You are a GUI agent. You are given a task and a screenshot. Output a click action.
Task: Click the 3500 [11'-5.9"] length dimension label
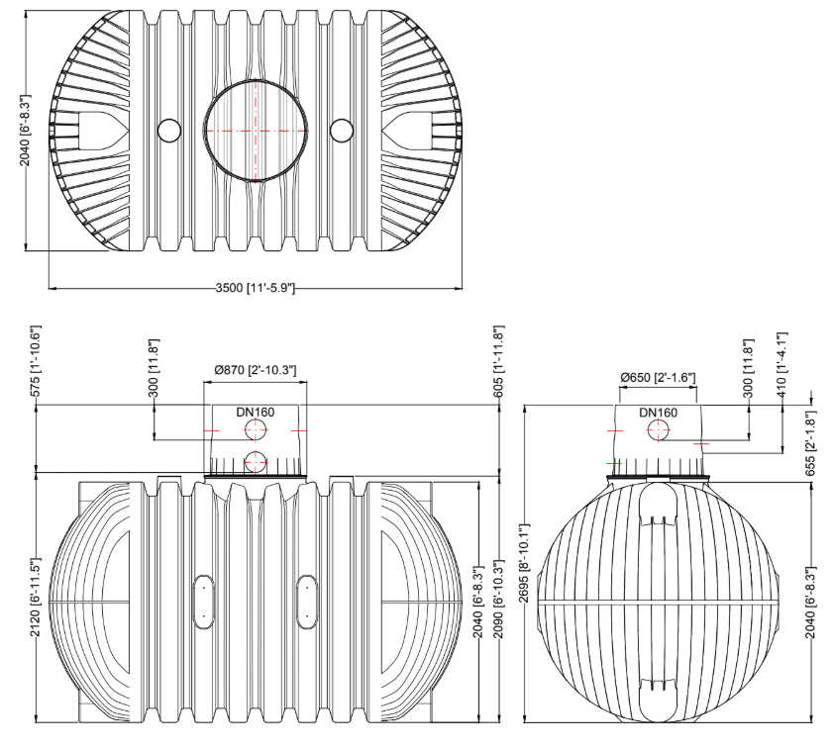click(x=255, y=288)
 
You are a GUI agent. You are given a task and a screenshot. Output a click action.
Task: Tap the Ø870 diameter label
click(x=256, y=370)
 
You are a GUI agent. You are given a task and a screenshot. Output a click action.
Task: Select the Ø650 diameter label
click(x=659, y=377)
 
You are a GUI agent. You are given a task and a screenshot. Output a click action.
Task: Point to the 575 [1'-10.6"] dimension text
click(x=35, y=361)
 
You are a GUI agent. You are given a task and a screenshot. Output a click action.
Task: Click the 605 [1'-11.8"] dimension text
click(x=498, y=362)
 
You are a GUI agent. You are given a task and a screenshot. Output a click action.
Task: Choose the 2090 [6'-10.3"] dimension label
click(x=498, y=599)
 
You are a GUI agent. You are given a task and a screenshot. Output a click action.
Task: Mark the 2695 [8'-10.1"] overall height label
click(x=524, y=563)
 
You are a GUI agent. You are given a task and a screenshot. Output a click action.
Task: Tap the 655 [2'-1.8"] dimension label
click(x=810, y=443)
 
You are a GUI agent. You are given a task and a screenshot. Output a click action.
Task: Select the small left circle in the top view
click(x=169, y=131)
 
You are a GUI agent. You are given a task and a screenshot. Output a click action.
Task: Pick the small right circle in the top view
click(x=342, y=131)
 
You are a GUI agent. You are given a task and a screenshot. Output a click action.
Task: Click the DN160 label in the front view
click(x=256, y=412)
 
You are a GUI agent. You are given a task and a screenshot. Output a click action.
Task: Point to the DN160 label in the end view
click(x=659, y=413)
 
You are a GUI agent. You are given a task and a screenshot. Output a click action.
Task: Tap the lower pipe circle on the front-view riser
click(x=256, y=462)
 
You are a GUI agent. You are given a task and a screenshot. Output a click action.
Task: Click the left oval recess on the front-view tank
click(x=203, y=602)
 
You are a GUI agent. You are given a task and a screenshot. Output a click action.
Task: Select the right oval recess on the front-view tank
click(x=307, y=602)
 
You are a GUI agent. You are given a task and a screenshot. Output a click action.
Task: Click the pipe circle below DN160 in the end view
click(x=659, y=430)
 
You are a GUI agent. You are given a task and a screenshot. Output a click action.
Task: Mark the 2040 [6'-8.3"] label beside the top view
click(x=25, y=131)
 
